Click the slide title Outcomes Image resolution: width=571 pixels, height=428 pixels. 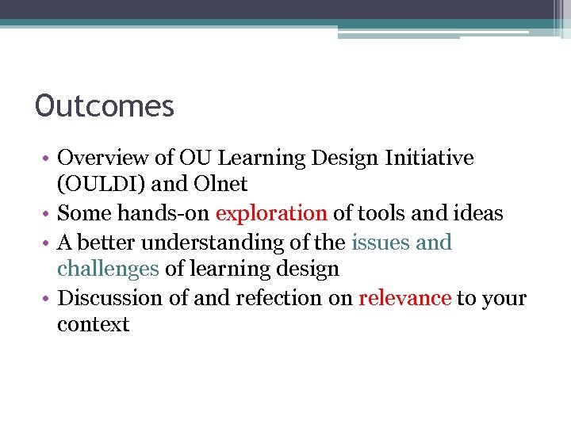pos(105,105)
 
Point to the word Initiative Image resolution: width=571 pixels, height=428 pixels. pos(427,158)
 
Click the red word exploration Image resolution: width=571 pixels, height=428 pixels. pos(271,213)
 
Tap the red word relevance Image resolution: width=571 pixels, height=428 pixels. pos(404,298)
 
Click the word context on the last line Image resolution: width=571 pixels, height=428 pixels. pos(93,325)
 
